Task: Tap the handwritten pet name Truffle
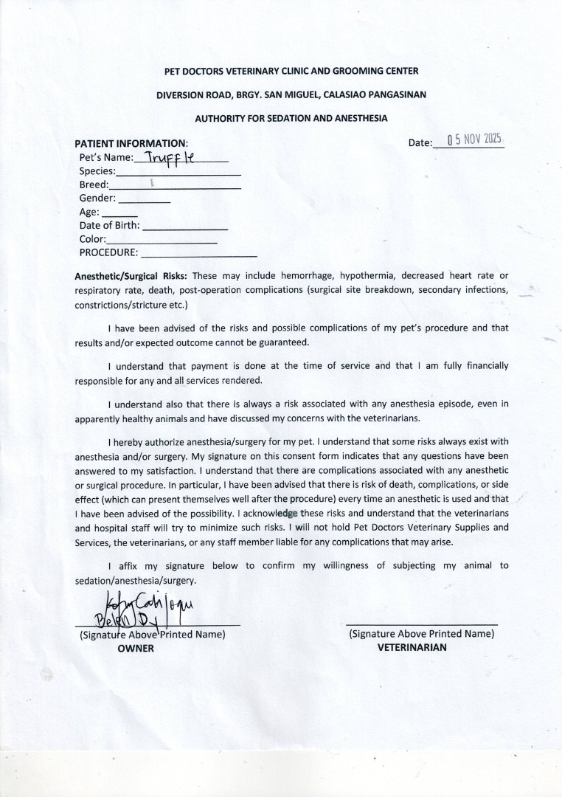(x=169, y=157)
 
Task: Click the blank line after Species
(x=179, y=173)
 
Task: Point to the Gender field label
(x=97, y=199)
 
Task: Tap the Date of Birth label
(x=109, y=226)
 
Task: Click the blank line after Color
(x=162, y=242)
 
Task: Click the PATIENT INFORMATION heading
(x=131, y=143)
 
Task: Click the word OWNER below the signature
(x=136, y=648)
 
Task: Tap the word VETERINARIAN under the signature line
(x=412, y=647)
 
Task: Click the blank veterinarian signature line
(x=421, y=624)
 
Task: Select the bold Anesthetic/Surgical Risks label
(x=131, y=275)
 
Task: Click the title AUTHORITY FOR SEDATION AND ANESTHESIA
(x=291, y=118)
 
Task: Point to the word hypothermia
(x=357, y=275)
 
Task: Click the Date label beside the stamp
(x=419, y=142)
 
